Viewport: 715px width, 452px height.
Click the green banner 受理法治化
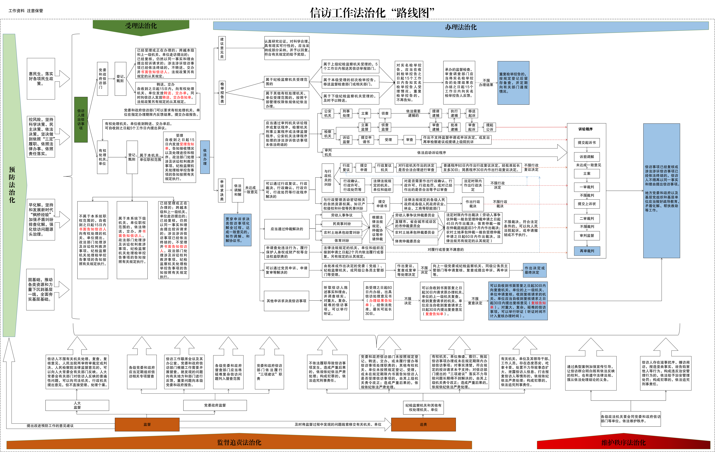pos(141,26)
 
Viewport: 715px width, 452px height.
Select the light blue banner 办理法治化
pos(461,27)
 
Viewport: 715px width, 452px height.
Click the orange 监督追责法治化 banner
pos(239,442)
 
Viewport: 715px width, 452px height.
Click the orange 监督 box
pos(147,424)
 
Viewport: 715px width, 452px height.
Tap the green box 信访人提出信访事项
pos(81,120)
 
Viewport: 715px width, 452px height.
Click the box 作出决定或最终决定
pos(535,270)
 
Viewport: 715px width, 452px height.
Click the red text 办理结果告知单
pos(380,301)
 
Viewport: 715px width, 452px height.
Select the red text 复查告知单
pos(434,314)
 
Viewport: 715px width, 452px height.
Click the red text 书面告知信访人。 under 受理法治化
pos(155,72)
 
